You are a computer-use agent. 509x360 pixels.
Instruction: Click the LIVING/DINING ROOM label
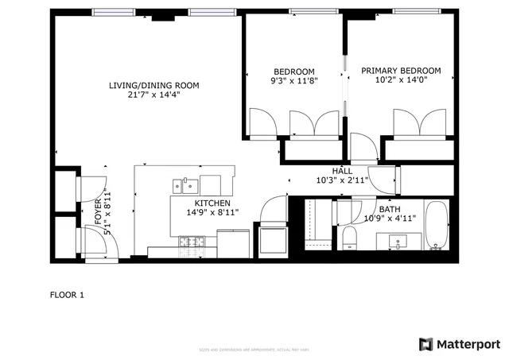coord(154,85)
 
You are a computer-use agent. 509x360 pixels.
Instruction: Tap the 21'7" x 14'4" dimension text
coord(154,95)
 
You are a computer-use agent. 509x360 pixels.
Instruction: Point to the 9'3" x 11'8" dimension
coord(293,80)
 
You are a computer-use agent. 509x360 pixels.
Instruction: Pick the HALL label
coord(342,171)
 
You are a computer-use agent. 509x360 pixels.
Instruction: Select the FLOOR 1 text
coord(67,295)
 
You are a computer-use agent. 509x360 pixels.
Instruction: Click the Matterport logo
coord(460,344)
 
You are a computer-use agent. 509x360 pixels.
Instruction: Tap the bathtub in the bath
coord(436,226)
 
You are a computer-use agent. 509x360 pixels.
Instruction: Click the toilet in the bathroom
coord(349,238)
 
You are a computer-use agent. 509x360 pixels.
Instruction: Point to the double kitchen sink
coord(186,186)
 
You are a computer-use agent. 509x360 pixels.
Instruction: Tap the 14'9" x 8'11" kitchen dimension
coord(212,212)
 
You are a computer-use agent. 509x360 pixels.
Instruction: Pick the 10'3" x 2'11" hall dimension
coord(342,181)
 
